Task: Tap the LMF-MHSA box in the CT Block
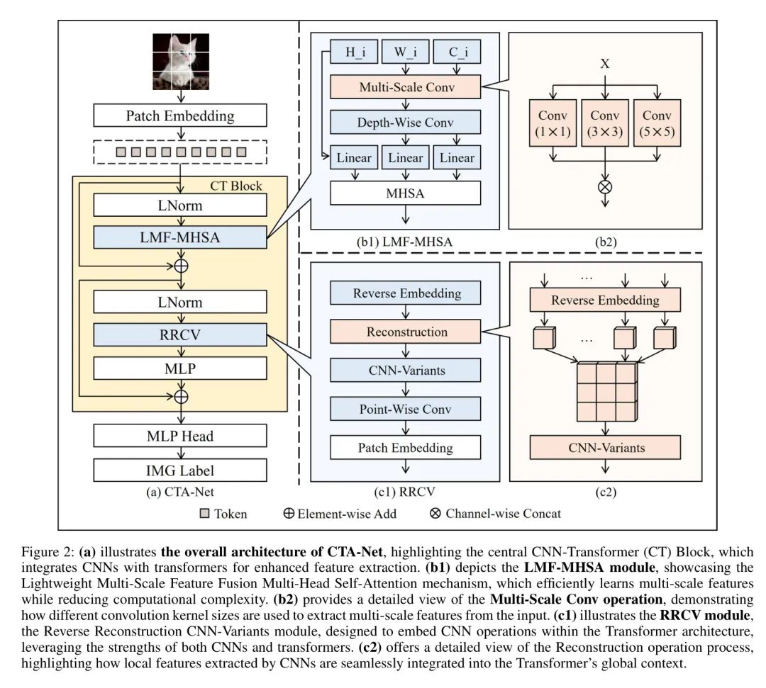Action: pyautogui.click(x=180, y=237)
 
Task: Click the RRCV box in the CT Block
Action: pyautogui.click(x=180, y=335)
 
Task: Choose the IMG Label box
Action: pyautogui.click(x=180, y=470)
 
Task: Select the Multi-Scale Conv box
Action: pyautogui.click(x=406, y=88)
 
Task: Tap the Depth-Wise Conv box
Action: pyautogui.click(x=406, y=122)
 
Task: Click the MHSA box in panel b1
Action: pyautogui.click(x=406, y=192)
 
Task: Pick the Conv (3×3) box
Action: pyautogui.click(x=606, y=123)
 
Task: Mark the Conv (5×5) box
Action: pyautogui.click(x=657, y=123)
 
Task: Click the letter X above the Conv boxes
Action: pyautogui.click(x=605, y=64)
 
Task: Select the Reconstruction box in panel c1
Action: pyautogui.click(x=406, y=332)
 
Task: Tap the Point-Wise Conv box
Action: pyautogui.click(x=406, y=409)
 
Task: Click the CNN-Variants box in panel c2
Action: pyautogui.click(x=605, y=447)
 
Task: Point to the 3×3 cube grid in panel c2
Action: pyautogui.click(x=604, y=389)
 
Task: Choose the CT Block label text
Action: pyautogui.click(x=237, y=186)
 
